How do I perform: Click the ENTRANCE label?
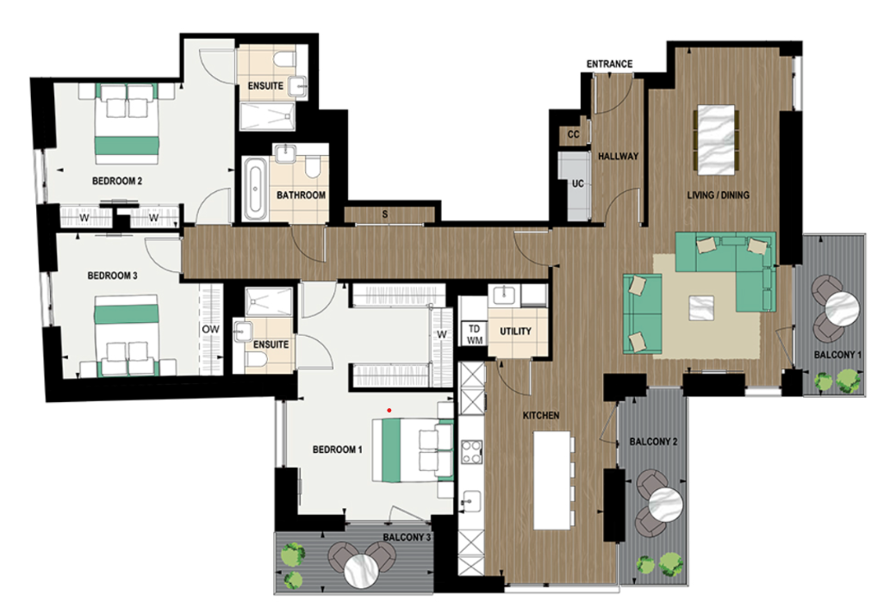pyautogui.click(x=609, y=64)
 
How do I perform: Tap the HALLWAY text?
pyautogui.click(x=618, y=157)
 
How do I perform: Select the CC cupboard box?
pyautogui.click(x=573, y=134)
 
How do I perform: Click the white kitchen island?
pyautogui.click(x=552, y=480)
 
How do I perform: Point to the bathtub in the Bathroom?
pyautogui.click(x=254, y=189)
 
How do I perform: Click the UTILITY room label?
pyautogui.click(x=516, y=332)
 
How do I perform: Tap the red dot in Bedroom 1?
pyautogui.click(x=390, y=410)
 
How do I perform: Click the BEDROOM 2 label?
pyautogui.click(x=116, y=181)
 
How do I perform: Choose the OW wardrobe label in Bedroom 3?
pyautogui.click(x=210, y=329)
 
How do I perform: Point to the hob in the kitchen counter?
pyautogui.click(x=472, y=451)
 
